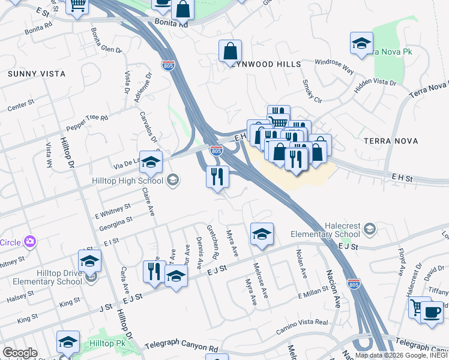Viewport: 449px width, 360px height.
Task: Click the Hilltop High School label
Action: coord(127,181)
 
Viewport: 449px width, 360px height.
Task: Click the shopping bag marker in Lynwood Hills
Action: coord(230,52)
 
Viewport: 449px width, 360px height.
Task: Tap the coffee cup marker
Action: coord(431,313)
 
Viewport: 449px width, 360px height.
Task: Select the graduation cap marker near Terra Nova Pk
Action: coord(361,44)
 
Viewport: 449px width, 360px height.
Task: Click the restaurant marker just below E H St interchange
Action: coord(217,177)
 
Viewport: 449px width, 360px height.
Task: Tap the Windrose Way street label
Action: coord(334,65)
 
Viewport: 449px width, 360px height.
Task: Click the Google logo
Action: coord(19,353)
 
